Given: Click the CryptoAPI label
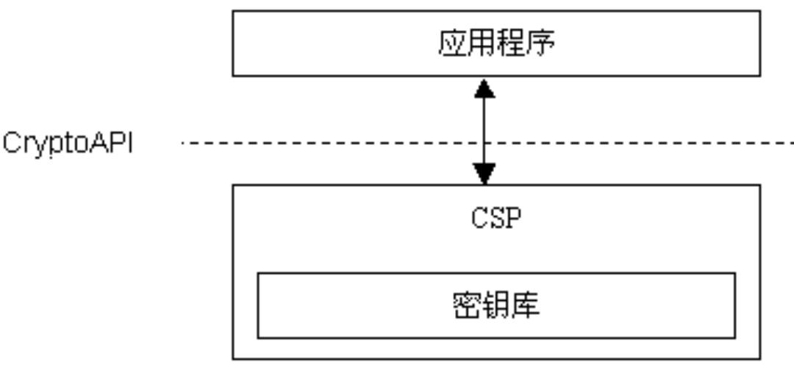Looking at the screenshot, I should pos(68,143).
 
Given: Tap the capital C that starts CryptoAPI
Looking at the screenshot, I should pos(12,142).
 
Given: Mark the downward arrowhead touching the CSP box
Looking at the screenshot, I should pos(484,174).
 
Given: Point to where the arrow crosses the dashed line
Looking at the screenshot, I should pos(484,142).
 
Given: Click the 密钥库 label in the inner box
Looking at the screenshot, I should pos(496,305).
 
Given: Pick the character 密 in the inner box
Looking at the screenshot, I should pos(465,305).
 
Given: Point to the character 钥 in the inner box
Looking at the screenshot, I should pos(496,305).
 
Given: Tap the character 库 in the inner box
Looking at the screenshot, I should pos(526,305).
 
